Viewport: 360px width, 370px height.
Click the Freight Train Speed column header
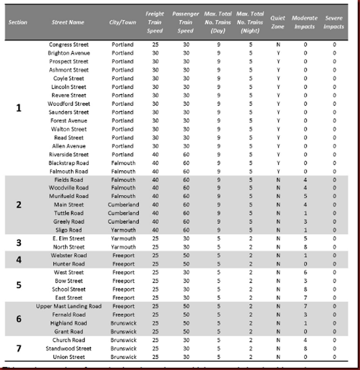(155, 21)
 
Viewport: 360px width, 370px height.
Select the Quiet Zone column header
(278, 22)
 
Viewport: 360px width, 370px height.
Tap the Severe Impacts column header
(334, 22)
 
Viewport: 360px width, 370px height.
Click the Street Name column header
(68, 22)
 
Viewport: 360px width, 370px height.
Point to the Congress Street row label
(68, 45)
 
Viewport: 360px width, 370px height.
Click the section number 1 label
(19, 108)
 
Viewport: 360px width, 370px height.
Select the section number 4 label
(19, 259)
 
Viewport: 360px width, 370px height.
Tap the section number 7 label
(19, 349)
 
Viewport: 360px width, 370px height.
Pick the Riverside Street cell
(68, 155)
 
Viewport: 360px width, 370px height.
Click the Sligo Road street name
(68, 230)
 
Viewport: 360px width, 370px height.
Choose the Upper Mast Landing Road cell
(68, 306)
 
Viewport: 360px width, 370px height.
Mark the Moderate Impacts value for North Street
(305, 247)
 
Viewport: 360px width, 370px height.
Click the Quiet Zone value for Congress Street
(278, 45)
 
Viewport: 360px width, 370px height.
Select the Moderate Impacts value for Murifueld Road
(305, 196)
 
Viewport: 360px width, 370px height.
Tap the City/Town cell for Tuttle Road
(123, 213)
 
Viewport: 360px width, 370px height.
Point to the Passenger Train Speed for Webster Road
(186, 255)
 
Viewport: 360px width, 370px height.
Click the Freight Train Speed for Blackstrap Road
(155, 163)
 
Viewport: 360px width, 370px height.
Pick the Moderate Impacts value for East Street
(305, 298)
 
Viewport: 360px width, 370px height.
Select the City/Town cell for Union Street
(123, 357)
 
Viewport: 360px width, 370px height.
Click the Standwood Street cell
(68, 349)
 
